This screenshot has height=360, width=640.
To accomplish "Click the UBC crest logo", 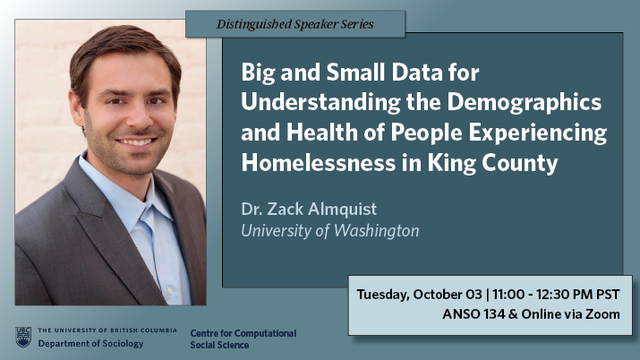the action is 23,337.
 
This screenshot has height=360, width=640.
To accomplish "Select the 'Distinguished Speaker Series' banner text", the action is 295,24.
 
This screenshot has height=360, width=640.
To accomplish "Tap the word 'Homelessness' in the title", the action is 319,163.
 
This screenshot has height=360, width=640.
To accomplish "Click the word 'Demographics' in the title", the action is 524,103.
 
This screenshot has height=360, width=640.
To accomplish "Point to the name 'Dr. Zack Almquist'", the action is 309,209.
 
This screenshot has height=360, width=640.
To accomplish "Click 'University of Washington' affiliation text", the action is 329,231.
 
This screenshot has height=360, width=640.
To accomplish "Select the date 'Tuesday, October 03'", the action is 420,295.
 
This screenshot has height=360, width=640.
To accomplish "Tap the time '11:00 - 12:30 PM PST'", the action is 556,295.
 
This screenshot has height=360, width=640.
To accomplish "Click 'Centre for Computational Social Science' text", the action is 243,339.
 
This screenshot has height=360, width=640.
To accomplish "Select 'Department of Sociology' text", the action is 90,344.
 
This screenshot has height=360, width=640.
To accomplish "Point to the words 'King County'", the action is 492,163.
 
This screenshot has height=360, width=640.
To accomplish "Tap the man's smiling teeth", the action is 135,142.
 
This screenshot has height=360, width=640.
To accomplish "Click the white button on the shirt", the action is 170,291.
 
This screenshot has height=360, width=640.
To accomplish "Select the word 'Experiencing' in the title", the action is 538,133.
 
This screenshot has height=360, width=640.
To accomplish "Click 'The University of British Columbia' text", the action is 107,330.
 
